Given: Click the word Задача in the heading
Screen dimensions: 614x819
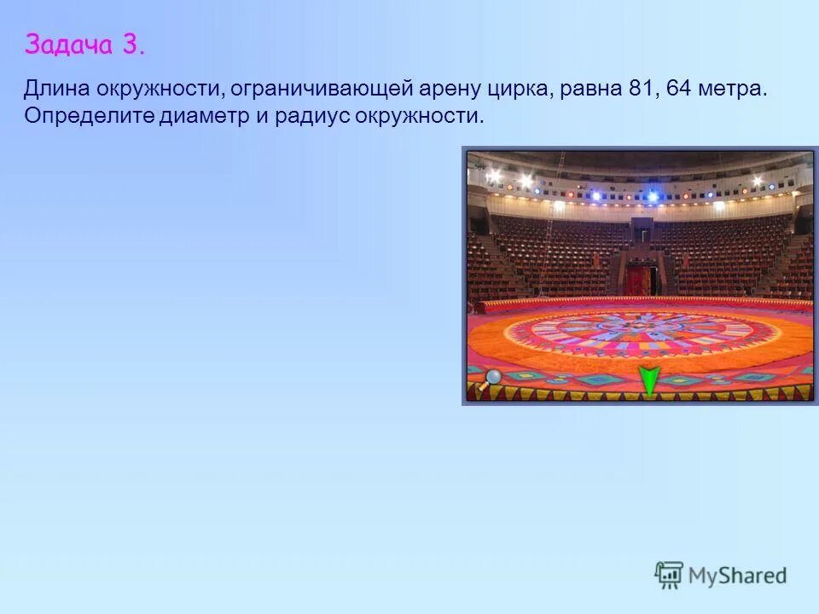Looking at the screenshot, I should (x=69, y=44).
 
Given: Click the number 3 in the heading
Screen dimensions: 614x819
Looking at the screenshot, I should (x=133, y=44).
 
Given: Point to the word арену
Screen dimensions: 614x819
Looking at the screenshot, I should (x=443, y=90).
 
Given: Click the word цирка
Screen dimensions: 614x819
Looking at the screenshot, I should (x=521, y=90).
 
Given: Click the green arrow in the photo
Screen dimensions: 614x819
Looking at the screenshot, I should (x=649, y=379).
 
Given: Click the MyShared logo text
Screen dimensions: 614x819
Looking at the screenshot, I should (x=736, y=576).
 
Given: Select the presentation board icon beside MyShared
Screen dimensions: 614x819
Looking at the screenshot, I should (x=670, y=575).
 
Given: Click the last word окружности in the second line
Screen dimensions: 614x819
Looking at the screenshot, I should (x=421, y=116).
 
